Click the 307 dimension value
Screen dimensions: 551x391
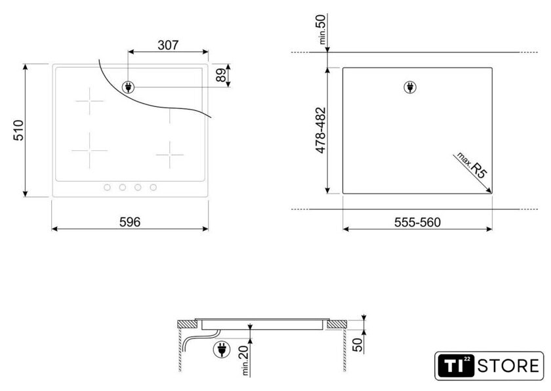click(x=168, y=45)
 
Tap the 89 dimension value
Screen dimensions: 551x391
click(x=221, y=75)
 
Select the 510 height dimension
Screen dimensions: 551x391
click(x=18, y=131)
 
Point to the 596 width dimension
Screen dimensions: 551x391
click(x=130, y=222)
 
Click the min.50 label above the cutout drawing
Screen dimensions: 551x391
click(x=322, y=29)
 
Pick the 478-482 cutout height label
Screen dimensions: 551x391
click(x=321, y=131)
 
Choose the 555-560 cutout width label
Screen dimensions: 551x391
click(x=417, y=222)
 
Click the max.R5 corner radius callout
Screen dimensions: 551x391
click(x=472, y=165)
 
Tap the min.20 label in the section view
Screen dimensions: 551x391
click(x=245, y=360)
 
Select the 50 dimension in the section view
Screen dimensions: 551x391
click(x=357, y=344)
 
